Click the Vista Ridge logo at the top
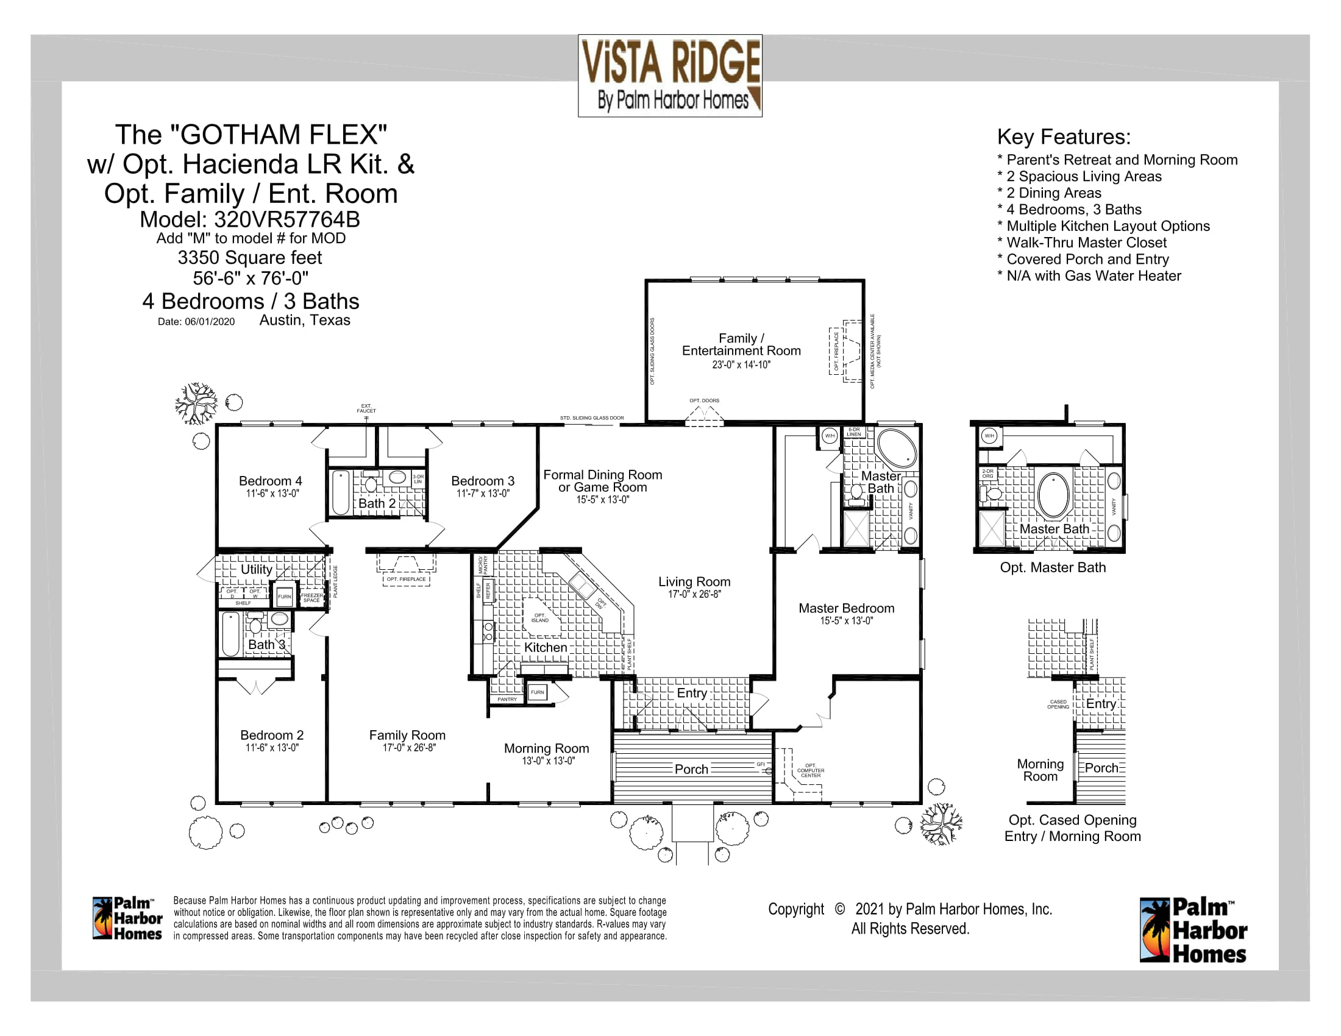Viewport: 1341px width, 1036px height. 670,76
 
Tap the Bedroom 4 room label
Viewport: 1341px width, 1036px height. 270,481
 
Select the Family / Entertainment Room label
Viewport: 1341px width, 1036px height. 741,344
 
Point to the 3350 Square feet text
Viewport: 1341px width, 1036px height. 250,258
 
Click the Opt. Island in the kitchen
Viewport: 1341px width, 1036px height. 540,617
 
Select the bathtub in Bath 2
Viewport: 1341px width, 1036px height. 340,492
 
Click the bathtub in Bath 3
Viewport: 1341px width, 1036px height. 231,634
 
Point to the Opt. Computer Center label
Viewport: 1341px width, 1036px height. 811,771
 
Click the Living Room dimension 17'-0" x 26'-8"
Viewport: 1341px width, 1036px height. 694,594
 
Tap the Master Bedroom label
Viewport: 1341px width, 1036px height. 846,608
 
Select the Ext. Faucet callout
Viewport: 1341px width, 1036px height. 366,408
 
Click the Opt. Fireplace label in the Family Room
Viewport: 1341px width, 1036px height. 406,579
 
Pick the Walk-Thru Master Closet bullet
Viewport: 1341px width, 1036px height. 1086,243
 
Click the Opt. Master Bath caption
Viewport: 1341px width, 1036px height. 1053,568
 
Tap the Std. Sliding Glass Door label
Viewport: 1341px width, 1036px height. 591,418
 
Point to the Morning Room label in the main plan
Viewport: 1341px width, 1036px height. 547,749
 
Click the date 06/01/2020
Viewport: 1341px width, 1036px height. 209,322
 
